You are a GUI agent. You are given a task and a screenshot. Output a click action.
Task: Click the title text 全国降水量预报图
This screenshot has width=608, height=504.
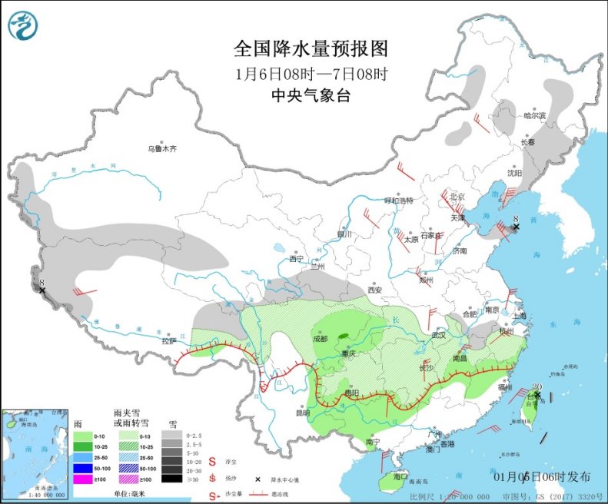coord(311,49)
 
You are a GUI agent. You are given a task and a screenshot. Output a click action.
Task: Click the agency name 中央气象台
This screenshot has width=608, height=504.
coord(311,95)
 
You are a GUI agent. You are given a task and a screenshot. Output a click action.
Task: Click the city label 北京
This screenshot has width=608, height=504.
coord(458,196)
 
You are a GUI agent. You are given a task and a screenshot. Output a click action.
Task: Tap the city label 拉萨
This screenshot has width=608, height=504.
coord(169,340)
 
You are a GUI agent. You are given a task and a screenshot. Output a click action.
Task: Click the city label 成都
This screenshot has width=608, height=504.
coord(321,338)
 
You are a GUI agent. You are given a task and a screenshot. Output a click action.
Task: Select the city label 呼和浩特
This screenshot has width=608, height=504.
coord(399,201)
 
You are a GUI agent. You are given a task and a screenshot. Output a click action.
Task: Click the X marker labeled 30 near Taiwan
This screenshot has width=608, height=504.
coord(537,396)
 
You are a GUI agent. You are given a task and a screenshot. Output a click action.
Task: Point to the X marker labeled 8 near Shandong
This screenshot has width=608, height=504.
coord(516,227)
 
